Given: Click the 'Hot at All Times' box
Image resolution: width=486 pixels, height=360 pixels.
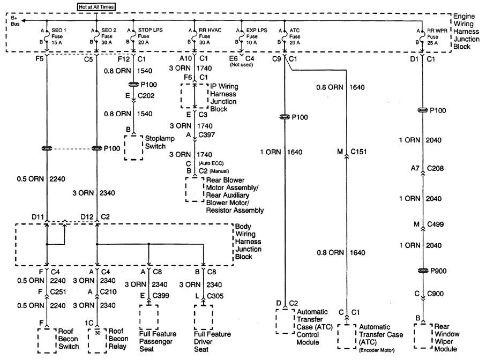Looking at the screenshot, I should point(95,6).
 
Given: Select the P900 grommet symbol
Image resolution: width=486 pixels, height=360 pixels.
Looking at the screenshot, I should point(423,271).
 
